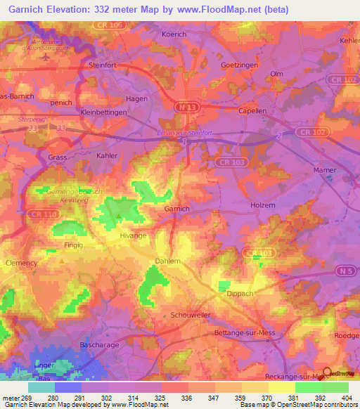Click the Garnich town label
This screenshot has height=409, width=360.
click(177, 209)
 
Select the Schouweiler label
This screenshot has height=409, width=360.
click(191, 316)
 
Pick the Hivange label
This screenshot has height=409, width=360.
click(133, 236)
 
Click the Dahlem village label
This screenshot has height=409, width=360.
click(167, 261)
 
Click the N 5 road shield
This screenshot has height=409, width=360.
click(344, 271)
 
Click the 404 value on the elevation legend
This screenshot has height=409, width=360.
click(347, 398)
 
